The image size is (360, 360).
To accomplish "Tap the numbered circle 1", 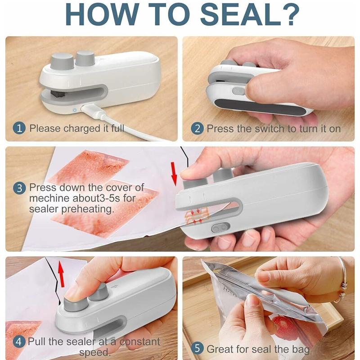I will pyautogui.click(x=19, y=128).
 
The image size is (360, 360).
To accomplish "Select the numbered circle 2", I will pyautogui.click(x=197, y=128).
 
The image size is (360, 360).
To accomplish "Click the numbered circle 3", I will pyautogui.click(x=19, y=188).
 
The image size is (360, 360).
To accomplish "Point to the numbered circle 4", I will pyautogui.click(x=19, y=342).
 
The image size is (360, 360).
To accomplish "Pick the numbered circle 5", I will pyautogui.click(x=197, y=349).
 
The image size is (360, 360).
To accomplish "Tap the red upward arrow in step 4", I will pyautogui.click(x=60, y=276).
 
